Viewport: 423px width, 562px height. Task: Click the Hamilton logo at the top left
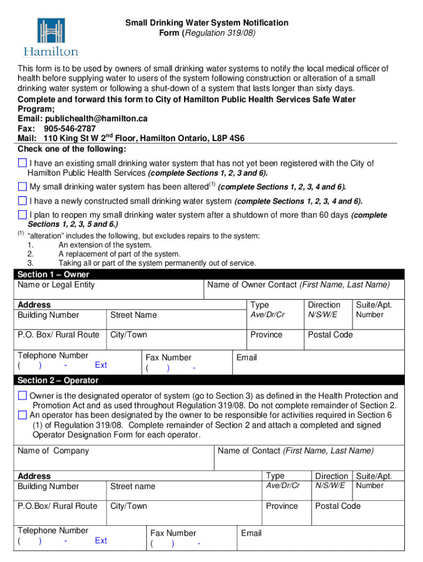(x=51, y=37)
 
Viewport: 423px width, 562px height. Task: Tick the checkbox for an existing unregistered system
(x=22, y=163)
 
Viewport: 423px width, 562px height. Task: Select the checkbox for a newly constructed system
(x=22, y=201)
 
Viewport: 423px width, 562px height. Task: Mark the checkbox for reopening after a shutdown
(x=22, y=215)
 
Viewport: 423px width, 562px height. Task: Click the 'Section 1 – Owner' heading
(x=53, y=274)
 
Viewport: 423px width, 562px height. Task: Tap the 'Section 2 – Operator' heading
(x=58, y=380)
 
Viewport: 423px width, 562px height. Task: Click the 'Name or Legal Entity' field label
(x=56, y=285)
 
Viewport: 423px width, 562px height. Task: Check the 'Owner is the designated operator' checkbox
(x=22, y=396)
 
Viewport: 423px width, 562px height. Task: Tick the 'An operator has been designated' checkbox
(x=22, y=415)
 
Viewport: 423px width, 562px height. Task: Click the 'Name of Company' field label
(x=53, y=451)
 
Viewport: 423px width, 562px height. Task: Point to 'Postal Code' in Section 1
(x=330, y=335)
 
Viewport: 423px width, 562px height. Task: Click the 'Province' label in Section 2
(x=281, y=506)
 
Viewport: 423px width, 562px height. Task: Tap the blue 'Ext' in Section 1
(x=101, y=365)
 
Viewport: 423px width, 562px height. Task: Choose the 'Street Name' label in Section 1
(x=133, y=315)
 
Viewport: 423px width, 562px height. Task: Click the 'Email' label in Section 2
(x=251, y=533)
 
